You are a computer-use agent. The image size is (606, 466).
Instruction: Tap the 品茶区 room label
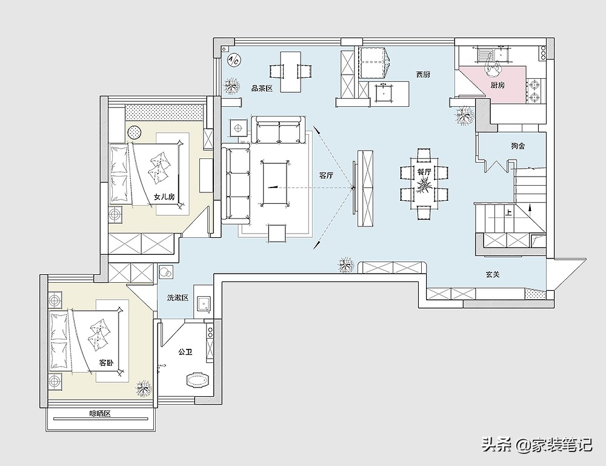coord(262,89)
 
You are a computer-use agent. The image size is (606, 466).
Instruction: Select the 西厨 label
coord(423,75)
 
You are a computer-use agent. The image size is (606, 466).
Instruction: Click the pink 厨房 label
coord(498,85)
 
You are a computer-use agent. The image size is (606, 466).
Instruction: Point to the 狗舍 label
coord(518,146)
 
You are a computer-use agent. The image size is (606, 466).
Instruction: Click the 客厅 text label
coord(326,175)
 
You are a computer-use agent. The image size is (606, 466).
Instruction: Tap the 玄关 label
coord(493,274)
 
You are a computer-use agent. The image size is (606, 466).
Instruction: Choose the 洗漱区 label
coord(178,298)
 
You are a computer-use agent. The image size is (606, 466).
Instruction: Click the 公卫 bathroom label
coord(185,352)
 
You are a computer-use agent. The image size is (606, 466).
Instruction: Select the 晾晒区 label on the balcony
coord(100,414)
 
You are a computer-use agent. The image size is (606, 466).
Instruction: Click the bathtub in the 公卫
coord(198,380)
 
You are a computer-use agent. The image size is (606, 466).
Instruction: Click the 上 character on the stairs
coord(508,212)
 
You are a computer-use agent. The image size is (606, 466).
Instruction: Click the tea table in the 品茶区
coord(291,72)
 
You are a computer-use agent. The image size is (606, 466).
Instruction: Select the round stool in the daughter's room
coord(135,132)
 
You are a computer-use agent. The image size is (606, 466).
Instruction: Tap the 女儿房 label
coord(164,197)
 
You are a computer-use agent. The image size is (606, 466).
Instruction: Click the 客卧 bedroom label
coord(106,363)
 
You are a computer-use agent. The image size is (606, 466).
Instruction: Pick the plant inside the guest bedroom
coord(144,388)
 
